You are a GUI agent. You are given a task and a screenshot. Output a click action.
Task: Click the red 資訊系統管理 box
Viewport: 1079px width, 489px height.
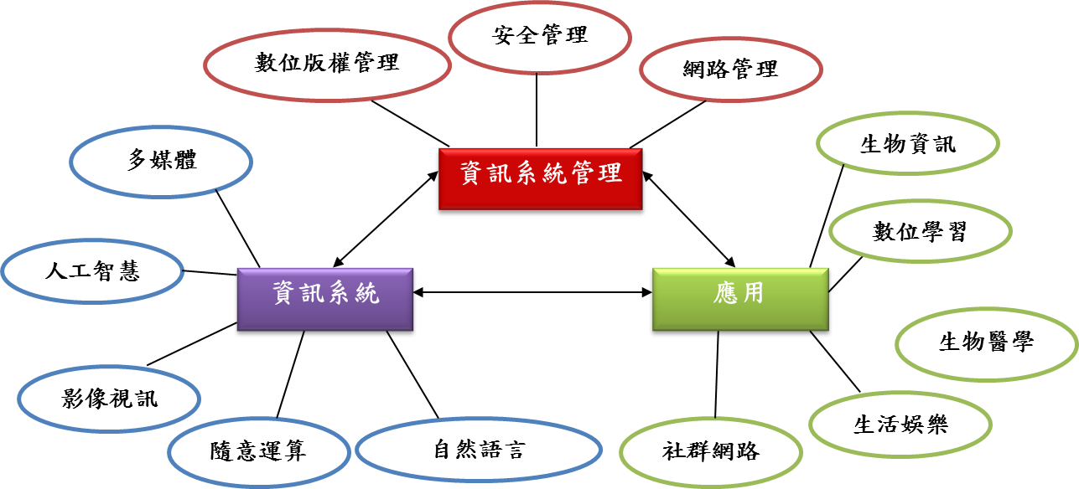pos(542,179)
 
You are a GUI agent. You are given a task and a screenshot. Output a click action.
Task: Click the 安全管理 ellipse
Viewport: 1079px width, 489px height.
pos(539,36)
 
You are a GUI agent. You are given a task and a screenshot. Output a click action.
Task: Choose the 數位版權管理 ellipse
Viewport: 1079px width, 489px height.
pos(327,65)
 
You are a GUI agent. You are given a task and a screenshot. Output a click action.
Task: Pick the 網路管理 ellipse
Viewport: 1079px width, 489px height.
pos(729,69)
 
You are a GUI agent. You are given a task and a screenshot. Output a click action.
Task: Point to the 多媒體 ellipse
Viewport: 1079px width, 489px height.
pos(161,161)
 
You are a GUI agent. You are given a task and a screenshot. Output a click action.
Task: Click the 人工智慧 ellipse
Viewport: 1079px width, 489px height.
pos(92,271)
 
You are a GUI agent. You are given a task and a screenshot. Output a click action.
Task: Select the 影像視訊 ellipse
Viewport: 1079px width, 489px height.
pos(109,398)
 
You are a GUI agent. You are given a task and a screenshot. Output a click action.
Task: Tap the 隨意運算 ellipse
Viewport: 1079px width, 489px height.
pos(258,451)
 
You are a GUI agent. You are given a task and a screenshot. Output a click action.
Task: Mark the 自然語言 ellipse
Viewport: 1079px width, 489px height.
pos(479,450)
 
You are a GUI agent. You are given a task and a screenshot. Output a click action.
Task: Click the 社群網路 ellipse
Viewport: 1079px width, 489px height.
pos(710,452)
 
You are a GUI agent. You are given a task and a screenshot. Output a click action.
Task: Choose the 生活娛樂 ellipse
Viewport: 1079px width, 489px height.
pos(900,425)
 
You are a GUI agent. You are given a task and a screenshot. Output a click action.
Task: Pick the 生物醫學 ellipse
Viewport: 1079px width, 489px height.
pos(986,342)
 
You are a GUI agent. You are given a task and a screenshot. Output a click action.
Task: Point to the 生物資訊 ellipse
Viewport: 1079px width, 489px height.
pos(908,144)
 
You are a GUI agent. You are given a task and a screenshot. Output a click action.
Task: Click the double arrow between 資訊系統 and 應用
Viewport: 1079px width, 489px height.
pos(533,292)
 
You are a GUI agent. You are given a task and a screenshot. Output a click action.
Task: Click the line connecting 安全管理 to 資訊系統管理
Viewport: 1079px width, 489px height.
pos(536,109)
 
